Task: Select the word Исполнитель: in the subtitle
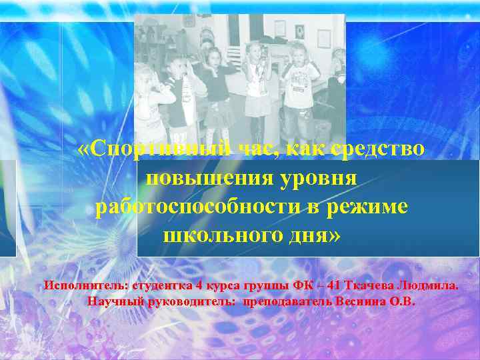point(87,285)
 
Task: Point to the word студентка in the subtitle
point(163,285)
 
